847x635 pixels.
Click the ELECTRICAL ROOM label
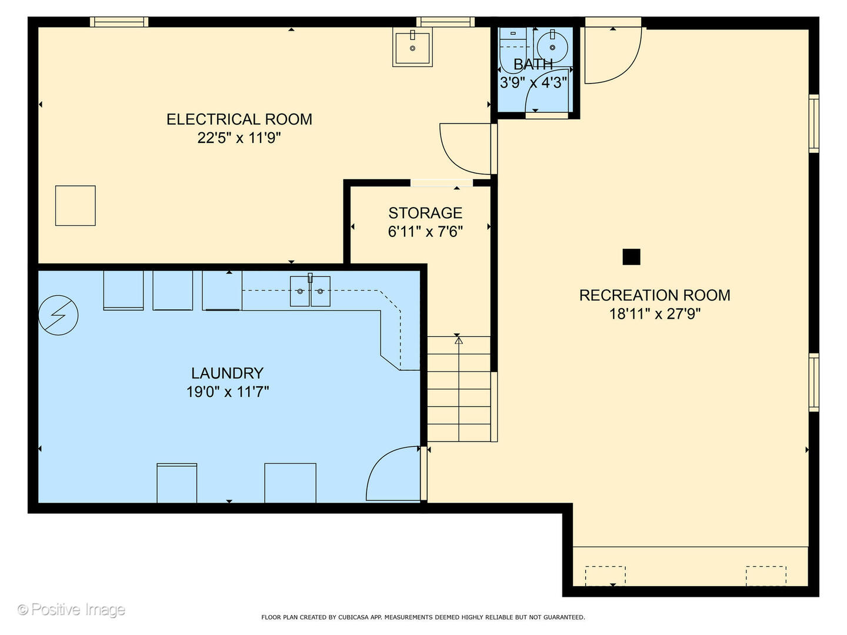coord(239,119)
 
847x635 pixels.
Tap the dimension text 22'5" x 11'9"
coord(239,138)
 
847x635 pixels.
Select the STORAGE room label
coord(425,213)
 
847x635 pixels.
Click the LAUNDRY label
coord(227,373)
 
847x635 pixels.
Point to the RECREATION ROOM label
coord(655,295)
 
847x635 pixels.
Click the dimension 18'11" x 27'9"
coord(655,314)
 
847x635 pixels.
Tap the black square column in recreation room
coord(631,257)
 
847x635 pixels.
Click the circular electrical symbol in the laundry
coord(58,315)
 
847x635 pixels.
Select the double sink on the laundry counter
coord(310,291)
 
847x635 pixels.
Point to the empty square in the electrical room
coord(75,206)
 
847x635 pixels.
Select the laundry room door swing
coord(391,473)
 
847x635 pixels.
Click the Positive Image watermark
coord(71,610)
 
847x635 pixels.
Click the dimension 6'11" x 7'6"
coord(425,232)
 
